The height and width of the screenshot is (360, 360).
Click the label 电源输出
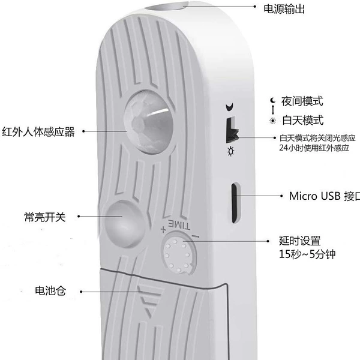point(284,10)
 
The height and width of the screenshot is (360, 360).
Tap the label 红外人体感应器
point(38,132)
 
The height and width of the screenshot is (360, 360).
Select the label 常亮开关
point(45,217)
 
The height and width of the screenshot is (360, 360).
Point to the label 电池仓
point(50,290)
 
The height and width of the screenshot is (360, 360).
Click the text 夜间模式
point(302,101)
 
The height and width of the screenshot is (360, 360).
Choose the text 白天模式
point(303,121)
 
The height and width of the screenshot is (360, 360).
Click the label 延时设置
point(299,241)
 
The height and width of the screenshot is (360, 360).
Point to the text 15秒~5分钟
point(307,254)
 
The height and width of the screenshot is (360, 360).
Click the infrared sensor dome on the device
point(148,122)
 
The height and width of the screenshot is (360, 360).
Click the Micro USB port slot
point(235,203)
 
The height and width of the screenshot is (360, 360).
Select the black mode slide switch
point(232,130)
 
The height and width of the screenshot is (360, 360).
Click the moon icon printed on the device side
point(230,107)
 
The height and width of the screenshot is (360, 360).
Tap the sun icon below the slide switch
point(231,151)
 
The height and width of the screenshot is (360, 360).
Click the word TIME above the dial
point(179,224)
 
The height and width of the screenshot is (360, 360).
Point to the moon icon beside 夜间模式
point(272,100)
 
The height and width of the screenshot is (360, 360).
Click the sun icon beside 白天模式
point(273,121)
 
